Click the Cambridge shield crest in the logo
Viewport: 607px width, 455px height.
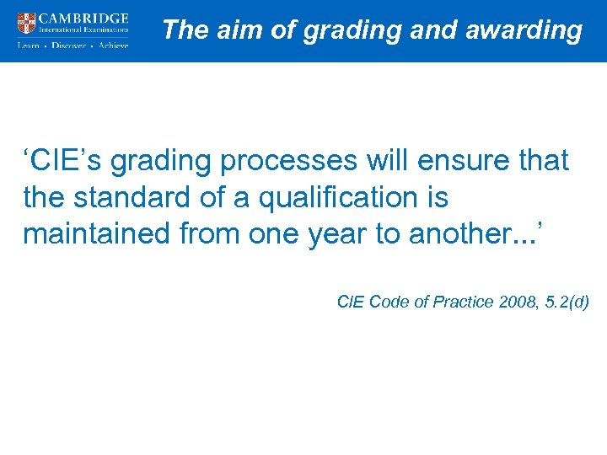coord(28,23)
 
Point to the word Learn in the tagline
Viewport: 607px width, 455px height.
coord(29,45)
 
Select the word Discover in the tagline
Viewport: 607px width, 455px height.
coord(68,45)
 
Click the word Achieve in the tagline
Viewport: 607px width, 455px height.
coord(113,45)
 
